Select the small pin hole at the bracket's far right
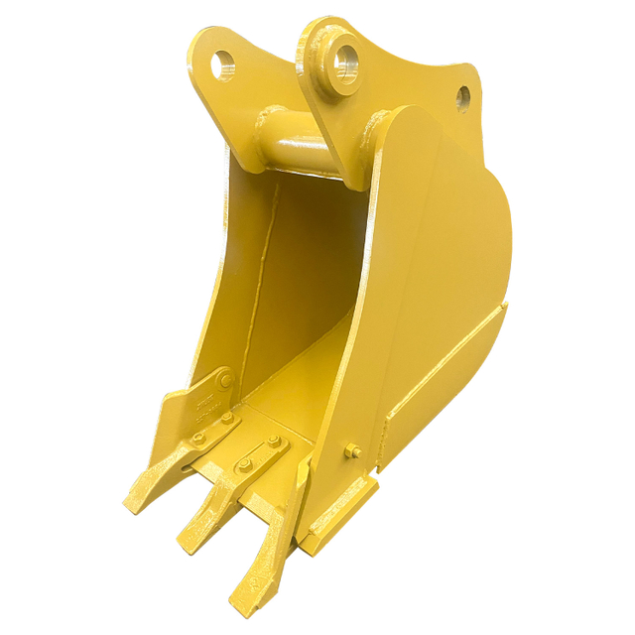[x=462, y=97]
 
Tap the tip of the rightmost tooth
[x=241, y=602]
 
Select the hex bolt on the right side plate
[x=350, y=452]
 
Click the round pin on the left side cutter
[x=226, y=380]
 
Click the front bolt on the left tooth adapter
[x=199, y=437]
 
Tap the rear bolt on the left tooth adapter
[x=227, y=419]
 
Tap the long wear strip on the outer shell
[x=446, y=367]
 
